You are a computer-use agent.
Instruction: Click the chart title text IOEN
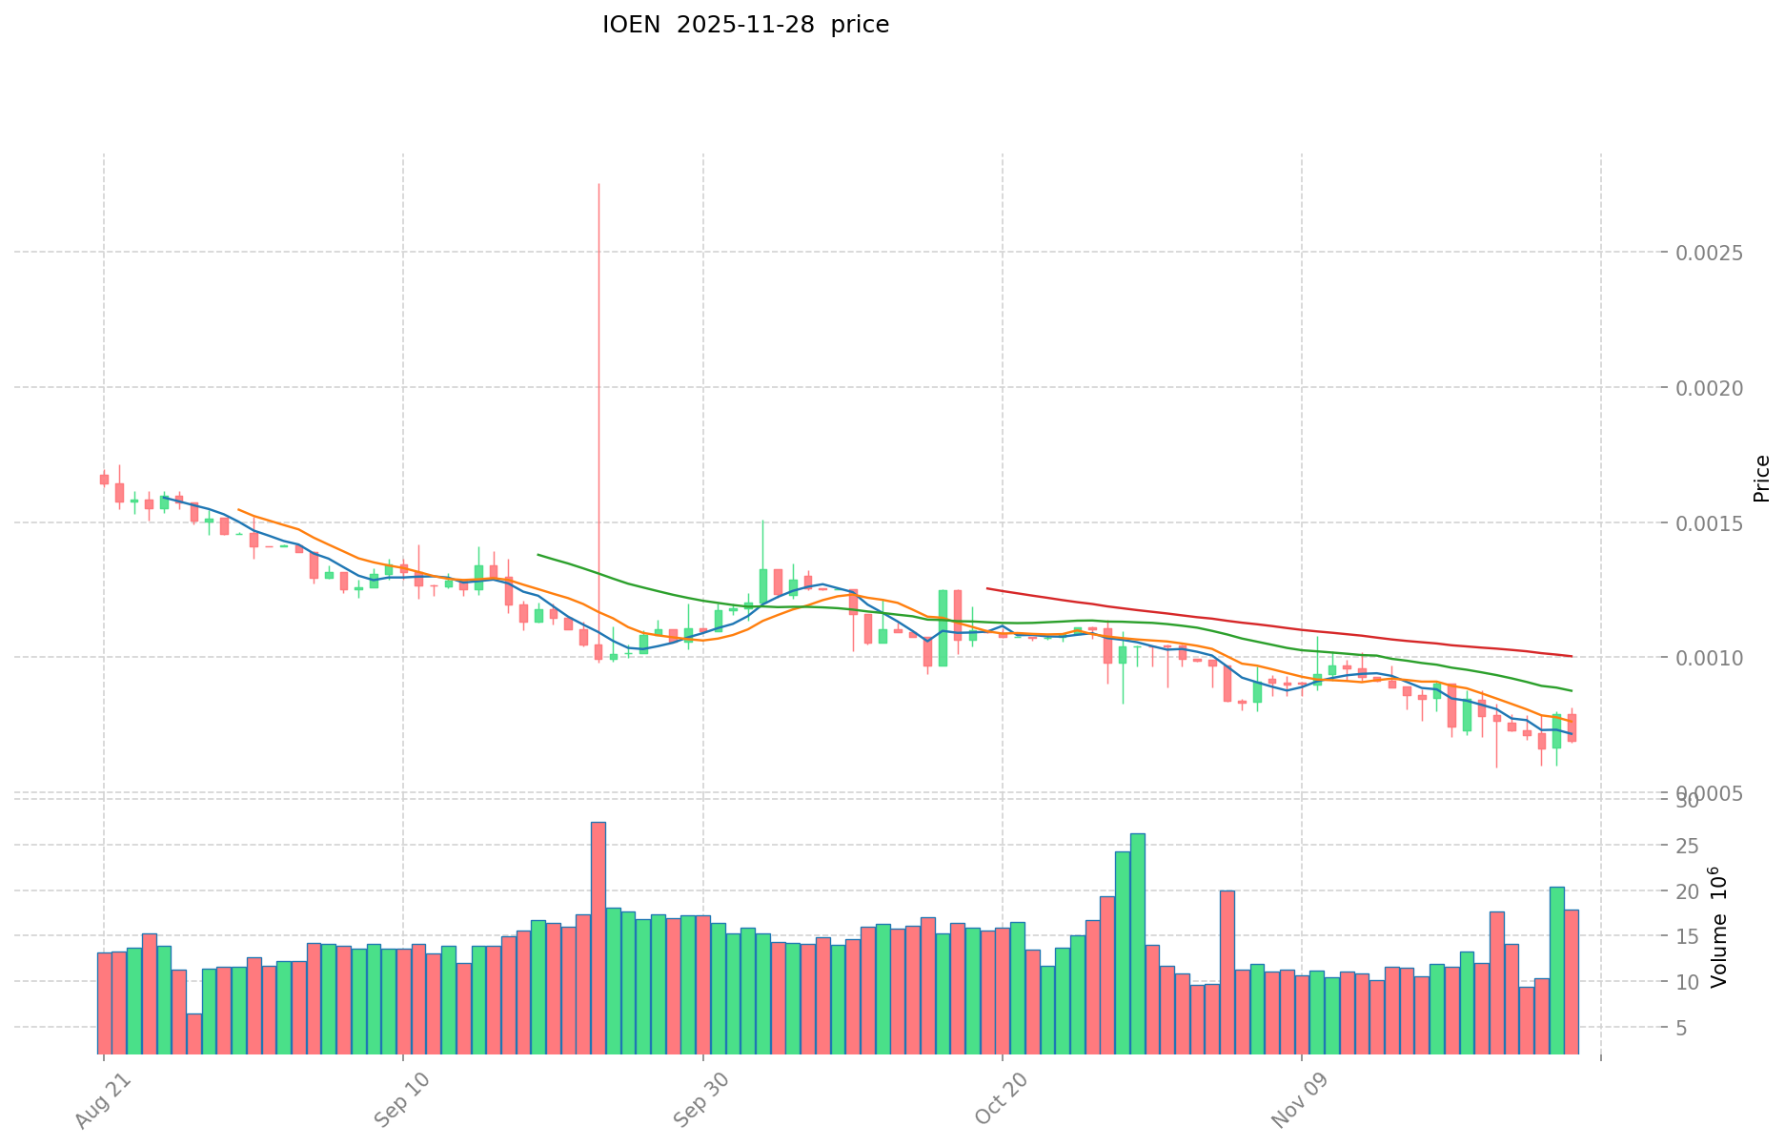point(631,25)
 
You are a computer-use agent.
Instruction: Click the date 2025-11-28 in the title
point(745,25)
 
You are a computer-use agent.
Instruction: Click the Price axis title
point(1761,479)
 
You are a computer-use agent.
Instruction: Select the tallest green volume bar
point(1137,943)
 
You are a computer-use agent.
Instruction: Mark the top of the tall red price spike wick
point(598,184)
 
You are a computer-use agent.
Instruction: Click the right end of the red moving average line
point(1572,656)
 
